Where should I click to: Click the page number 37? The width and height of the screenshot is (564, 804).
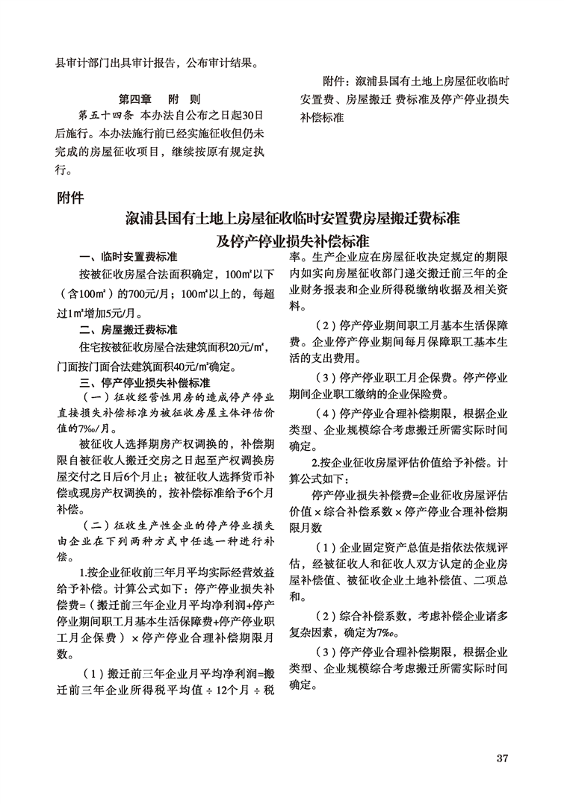(502, 759)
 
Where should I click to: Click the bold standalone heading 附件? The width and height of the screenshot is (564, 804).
(71, 199)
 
